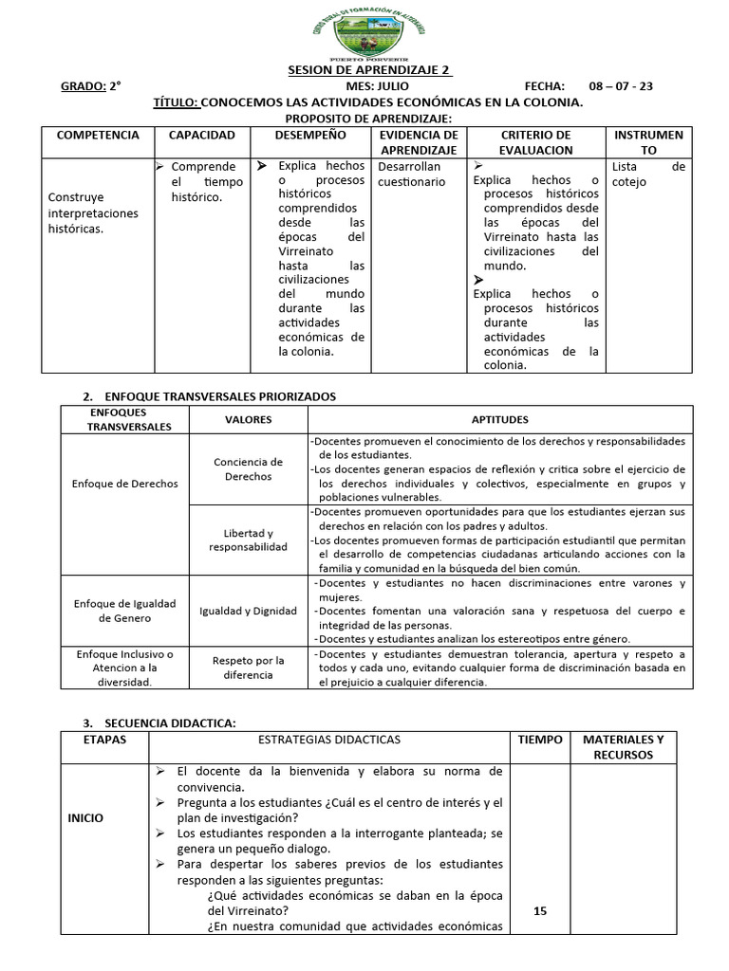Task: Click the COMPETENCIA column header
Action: tap(98, 136)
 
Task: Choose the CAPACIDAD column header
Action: tap(201, 136)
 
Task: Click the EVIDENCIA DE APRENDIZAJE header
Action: tap(418, 142)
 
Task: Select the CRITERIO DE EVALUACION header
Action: tap(535, 142)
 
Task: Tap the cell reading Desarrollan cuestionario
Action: tap(411, 174)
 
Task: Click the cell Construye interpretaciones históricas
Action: tap(93, 213)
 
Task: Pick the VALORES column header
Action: tap(248, 419)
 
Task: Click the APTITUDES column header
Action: tap(500, 419)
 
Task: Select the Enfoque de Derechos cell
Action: tap(124, 483)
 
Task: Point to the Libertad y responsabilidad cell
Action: tap(248, 540)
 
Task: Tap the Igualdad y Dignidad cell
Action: tap(248, 611)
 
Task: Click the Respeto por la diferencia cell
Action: tap(248, 668)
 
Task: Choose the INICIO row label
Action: tap(85, 817)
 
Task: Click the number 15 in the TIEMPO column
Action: tap(540, 910)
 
